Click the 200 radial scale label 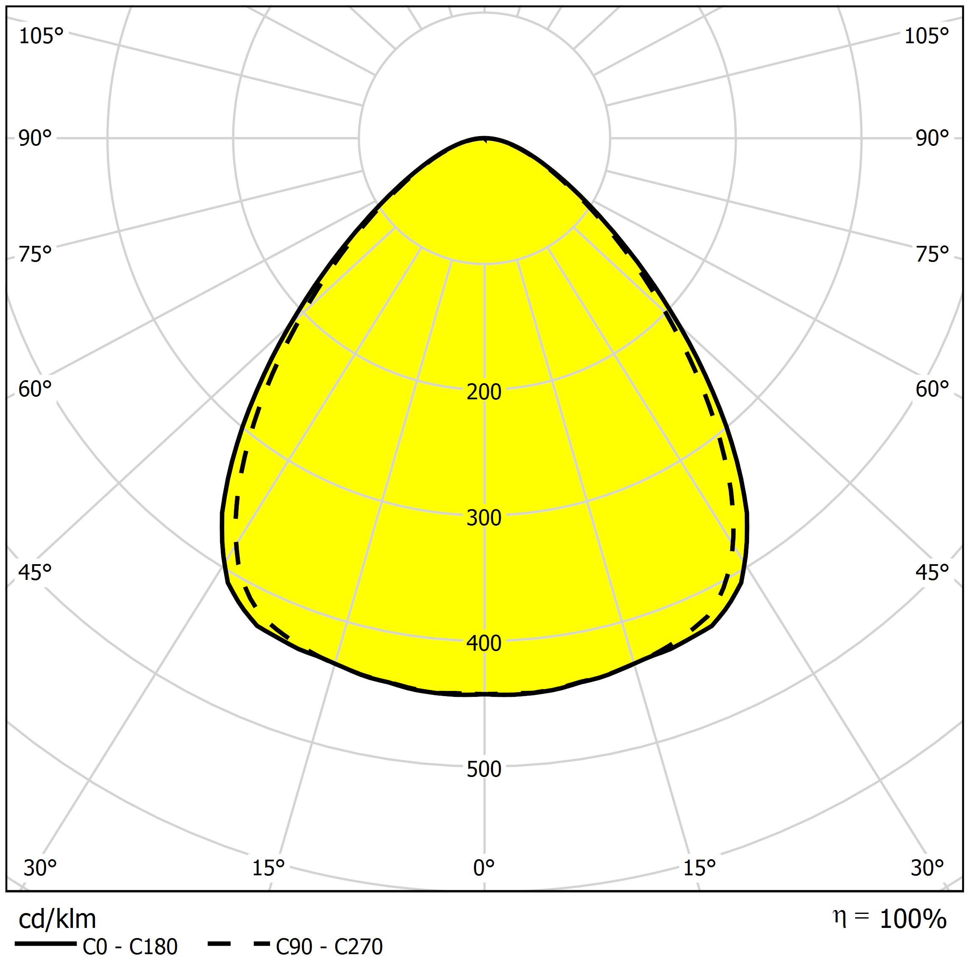point(484,392)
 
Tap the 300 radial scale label point(484,518)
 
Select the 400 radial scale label point(484,643)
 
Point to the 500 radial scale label point(484,769)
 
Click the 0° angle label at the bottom point(484,867)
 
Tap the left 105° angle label point(41,36)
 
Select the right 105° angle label point(927,36)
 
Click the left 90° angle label point(35,139)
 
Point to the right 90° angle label point(933,139)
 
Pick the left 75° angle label point(35,255)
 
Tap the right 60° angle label point(933,389)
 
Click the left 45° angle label point(35,572)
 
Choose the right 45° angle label point(933,572)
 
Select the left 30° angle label point(40,867)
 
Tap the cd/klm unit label point(57,919)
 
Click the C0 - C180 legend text point(130,947)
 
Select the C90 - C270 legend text point(329,947)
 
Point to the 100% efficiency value point(913,919)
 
